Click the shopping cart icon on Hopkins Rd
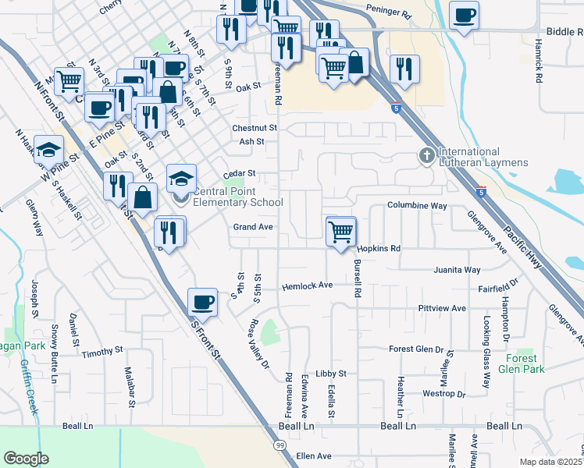[x=341, y=231]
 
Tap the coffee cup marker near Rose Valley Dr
[x=202, y=302]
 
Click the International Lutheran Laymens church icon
[x=427, y=156]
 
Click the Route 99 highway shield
[x=280, y=445]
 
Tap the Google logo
[x=26, y=459]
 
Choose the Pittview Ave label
[x=442, y=309]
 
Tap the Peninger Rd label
[x=388, y=14]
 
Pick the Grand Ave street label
[x=253, y=227]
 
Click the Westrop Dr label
[x=443, y=394]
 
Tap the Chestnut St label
[x=255, y=128]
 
